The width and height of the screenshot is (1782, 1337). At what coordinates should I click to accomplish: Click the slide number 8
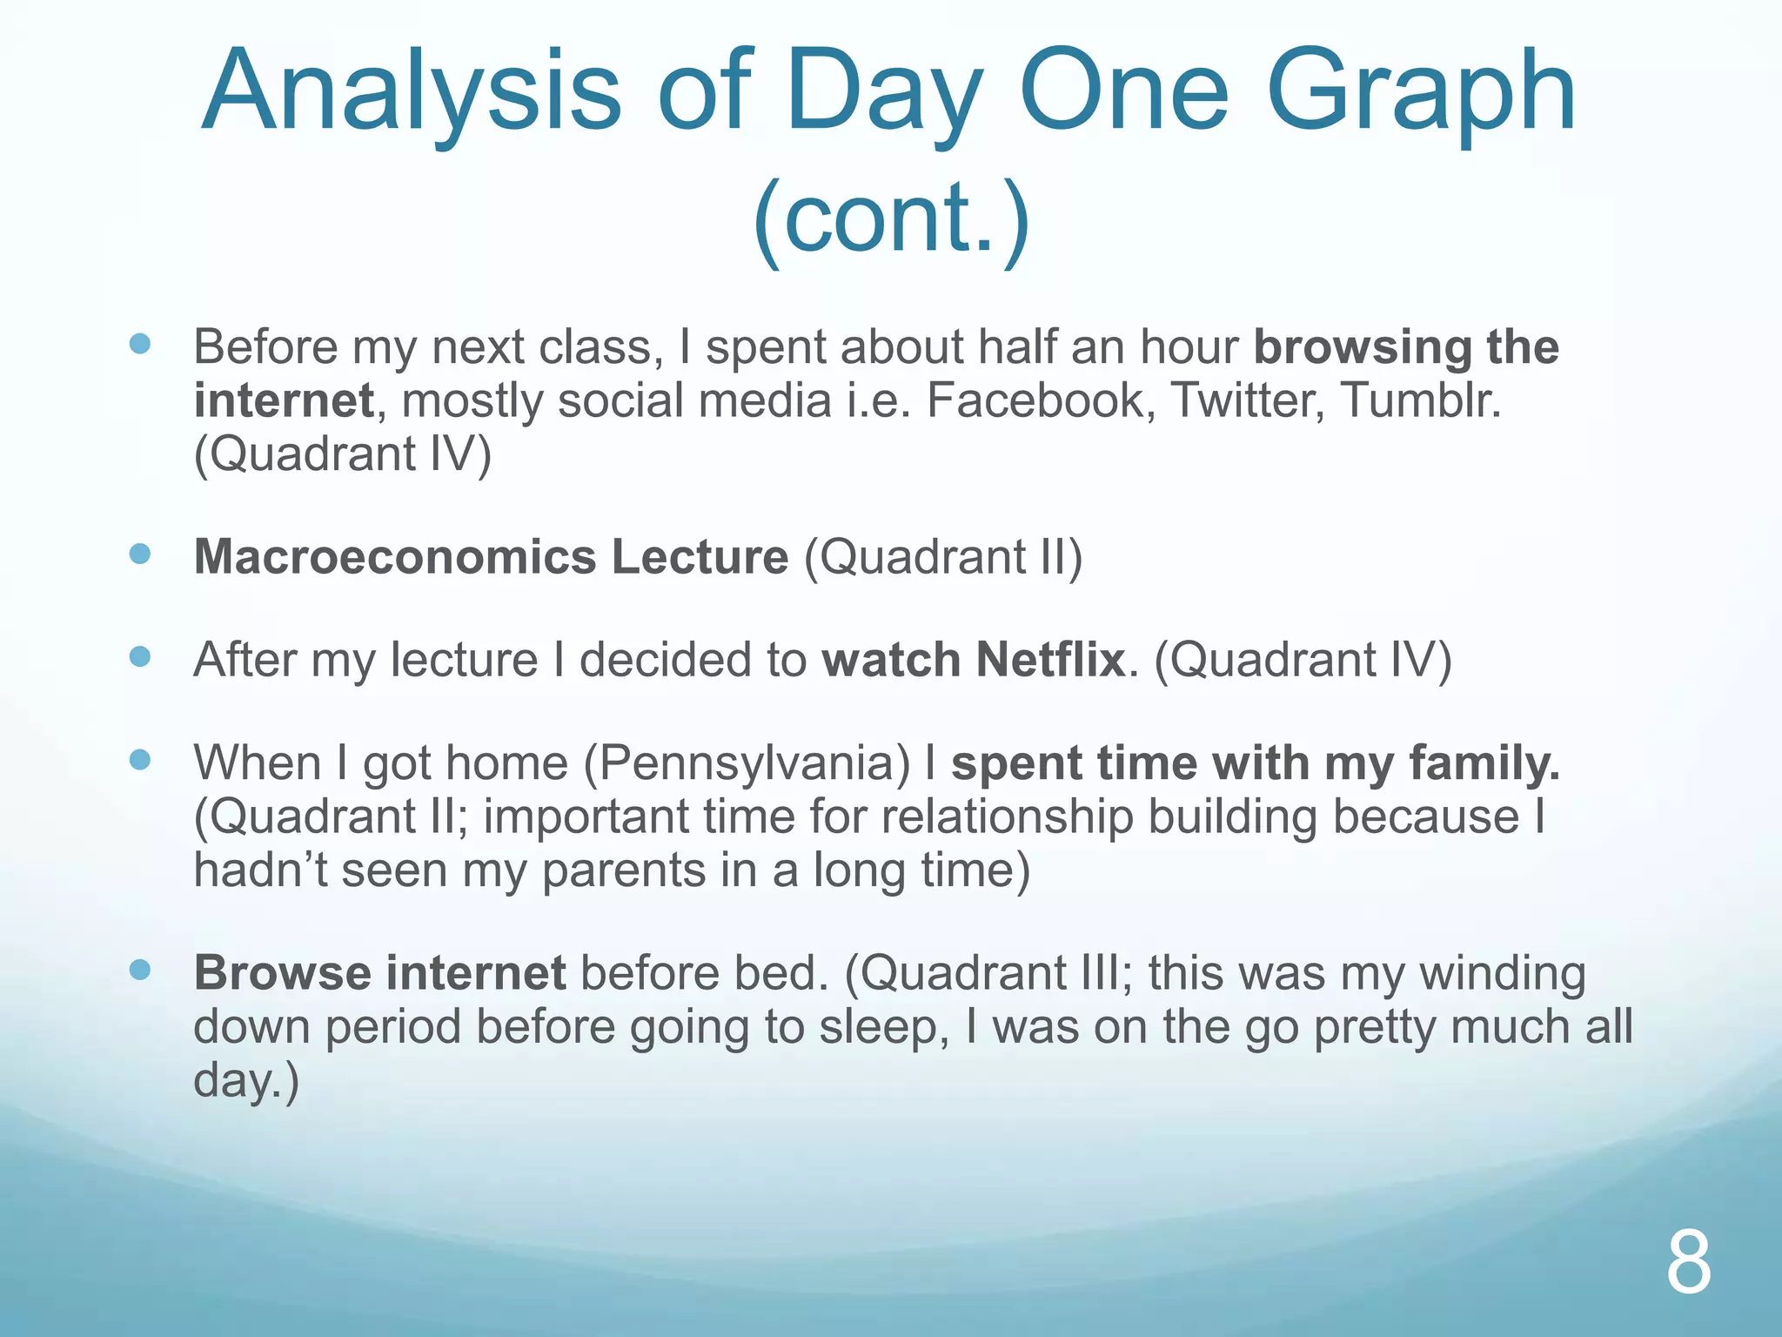1688,1264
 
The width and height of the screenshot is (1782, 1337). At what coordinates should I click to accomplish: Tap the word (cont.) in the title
891,218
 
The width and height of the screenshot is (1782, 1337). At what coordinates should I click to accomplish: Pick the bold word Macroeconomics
395,557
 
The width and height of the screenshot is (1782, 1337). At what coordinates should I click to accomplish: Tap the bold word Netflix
1051,660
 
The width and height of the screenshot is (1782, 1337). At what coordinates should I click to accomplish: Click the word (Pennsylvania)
747,763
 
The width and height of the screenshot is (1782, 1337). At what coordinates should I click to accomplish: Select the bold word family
1484,763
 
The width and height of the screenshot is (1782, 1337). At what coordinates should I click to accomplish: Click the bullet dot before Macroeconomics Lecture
140,554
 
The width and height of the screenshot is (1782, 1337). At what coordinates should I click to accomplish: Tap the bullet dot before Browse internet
140,970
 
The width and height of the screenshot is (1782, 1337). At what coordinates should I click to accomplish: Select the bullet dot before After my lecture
140,656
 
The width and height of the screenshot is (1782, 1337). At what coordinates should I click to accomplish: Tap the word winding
1503,974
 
